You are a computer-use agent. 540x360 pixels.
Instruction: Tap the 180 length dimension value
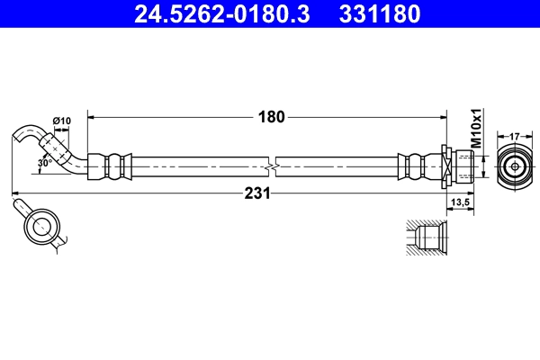click(272, 116)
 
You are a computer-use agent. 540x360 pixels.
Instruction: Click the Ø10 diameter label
click(62, 121)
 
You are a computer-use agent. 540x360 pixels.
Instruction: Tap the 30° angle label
click(45, 163)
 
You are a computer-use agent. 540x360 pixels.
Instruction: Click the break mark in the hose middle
click(272, 166)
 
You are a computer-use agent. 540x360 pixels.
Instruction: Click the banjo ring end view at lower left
click(40, 226)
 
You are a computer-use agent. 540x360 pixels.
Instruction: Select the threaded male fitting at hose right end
click(462, 166)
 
